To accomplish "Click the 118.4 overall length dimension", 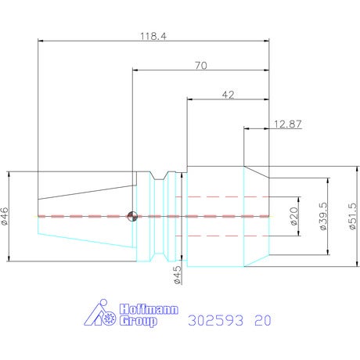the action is (x=153, y=36).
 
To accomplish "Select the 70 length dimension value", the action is (x=201, y=66).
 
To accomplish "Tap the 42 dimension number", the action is (x=228, y=95).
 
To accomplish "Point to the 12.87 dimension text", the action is (x=288, y=124).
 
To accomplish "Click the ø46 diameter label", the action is (x=5, y=216).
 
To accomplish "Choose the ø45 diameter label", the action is (x=177, y=275).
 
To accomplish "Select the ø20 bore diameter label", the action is (x=293, y=216).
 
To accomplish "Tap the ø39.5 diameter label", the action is (x=323, y=216).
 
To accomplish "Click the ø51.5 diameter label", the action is (x=352, y=216).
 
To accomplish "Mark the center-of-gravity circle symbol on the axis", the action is (x=132, y=216).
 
